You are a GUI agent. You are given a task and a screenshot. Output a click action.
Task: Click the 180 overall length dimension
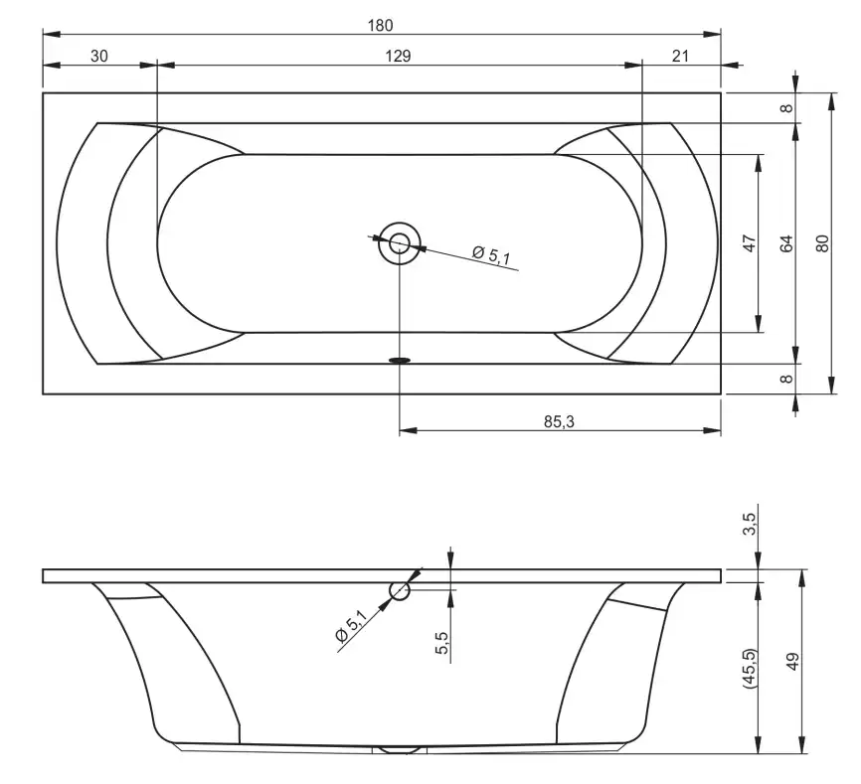click(381, 24)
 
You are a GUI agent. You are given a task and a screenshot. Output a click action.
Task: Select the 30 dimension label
click(98, 57)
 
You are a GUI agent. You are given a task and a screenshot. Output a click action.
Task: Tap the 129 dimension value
click(398, 57)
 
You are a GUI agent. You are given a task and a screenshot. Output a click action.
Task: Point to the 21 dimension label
click(680, 57)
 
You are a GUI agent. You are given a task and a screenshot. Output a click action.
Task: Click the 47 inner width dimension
click(750, 242)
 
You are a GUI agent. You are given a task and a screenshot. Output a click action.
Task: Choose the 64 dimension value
click(785, 242)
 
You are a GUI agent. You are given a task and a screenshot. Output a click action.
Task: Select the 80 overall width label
click(821, 242)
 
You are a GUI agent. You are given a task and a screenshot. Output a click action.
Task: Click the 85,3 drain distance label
click(559, 421)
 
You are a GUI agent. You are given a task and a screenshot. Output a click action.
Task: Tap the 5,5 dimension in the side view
click(442, 644)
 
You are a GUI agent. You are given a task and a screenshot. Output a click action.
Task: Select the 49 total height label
click(792, 661)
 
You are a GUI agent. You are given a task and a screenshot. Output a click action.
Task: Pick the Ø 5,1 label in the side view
click(351, 628)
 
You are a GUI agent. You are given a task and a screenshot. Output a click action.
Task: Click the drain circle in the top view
click(400, 241)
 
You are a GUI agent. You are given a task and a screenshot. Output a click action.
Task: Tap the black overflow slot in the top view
click(400, 360)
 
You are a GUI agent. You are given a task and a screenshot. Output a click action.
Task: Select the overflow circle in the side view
click(400, 591)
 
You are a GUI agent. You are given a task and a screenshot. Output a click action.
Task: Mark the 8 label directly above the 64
click(786, 108)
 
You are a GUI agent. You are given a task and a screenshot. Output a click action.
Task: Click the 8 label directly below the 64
click(786, 379)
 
